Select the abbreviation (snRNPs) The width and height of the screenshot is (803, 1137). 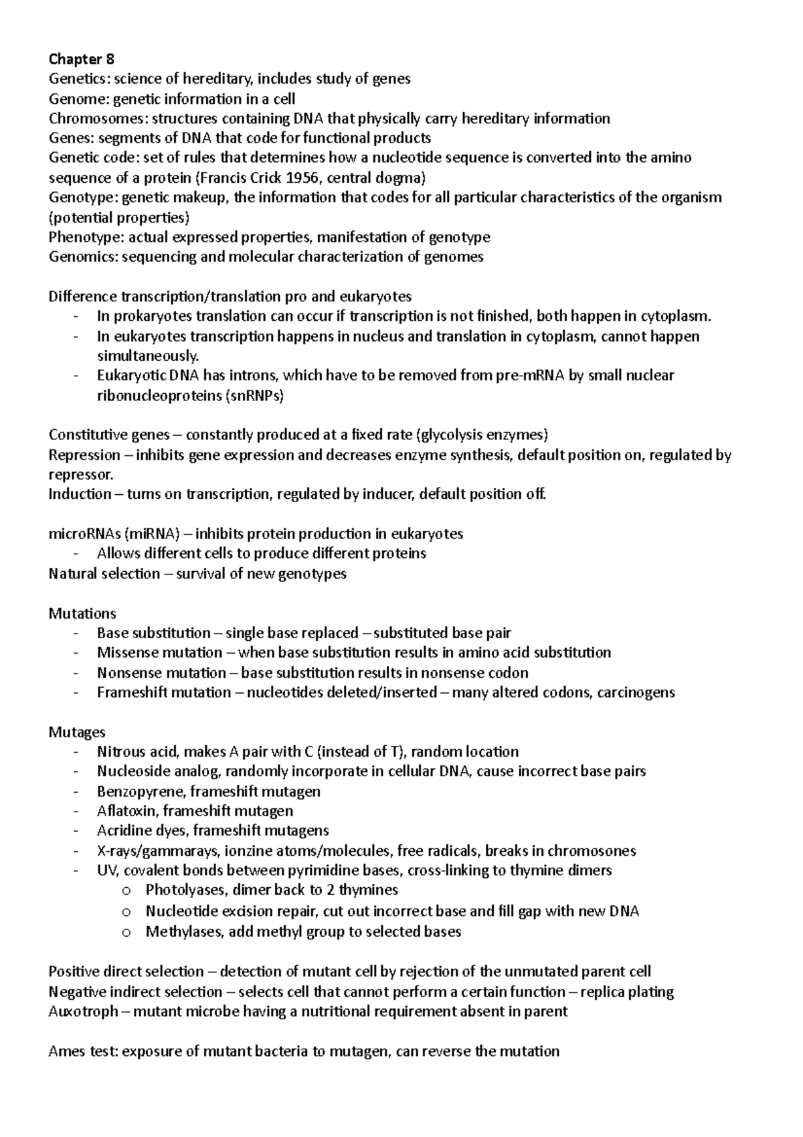pyautogui.click(x=256, y=396)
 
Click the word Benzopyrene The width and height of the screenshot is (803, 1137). pyautogui.click(x=140, y=791)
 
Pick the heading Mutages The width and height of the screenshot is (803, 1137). pyautogui.click(x=77, y=733)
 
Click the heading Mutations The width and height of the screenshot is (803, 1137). pyautogui.click(x=82, y=613)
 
